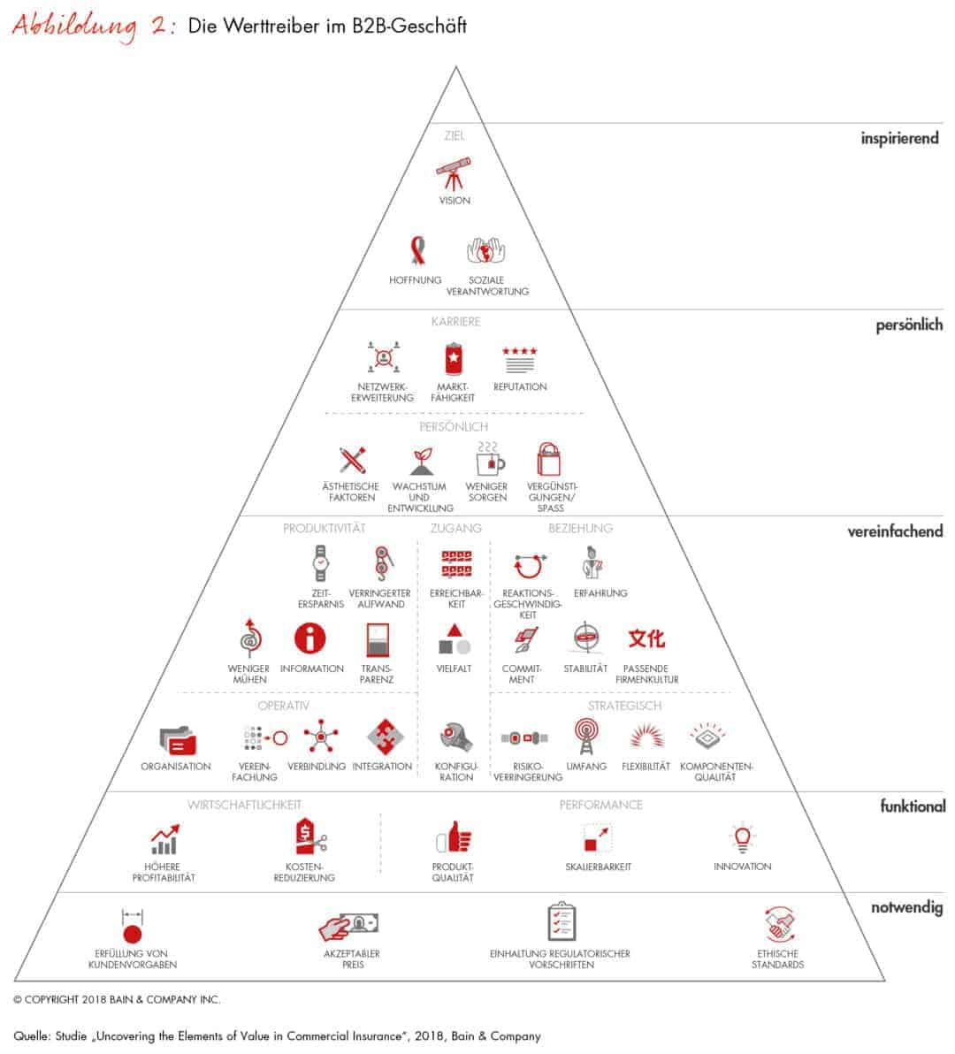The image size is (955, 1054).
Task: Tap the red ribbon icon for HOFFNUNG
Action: tap(418, 251)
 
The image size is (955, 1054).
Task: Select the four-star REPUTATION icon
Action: tap(520, 360)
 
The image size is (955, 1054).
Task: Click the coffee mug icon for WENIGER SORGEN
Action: tap(489, 459)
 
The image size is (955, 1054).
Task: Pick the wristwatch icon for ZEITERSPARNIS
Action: tap(321, 563)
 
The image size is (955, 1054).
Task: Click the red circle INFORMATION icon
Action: tap(309, 638)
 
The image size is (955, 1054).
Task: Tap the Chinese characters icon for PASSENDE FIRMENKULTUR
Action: tap(646, 638)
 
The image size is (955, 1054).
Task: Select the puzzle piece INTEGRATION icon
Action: tap(385, 737)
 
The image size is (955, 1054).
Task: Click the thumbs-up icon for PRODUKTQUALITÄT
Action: tap(455, 838)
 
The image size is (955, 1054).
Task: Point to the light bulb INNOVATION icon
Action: tap(742, 837)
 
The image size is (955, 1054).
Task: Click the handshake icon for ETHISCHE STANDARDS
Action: tap(778, 924)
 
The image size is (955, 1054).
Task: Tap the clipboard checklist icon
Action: tap(562, 921)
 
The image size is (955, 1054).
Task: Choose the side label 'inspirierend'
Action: tap(900, 139)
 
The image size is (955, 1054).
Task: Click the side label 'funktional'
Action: tap(913, 806)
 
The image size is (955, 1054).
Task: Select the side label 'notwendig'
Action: tap(907, 907)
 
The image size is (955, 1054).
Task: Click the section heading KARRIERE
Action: tap(455, 322)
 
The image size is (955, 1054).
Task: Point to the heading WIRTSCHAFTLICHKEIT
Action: tap(245, 805)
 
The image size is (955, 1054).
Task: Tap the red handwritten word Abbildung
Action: tap(75, 27)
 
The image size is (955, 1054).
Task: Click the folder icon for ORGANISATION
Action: tap(178, 740)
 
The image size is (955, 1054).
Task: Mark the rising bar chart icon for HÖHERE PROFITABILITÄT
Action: tap(164, 839)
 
